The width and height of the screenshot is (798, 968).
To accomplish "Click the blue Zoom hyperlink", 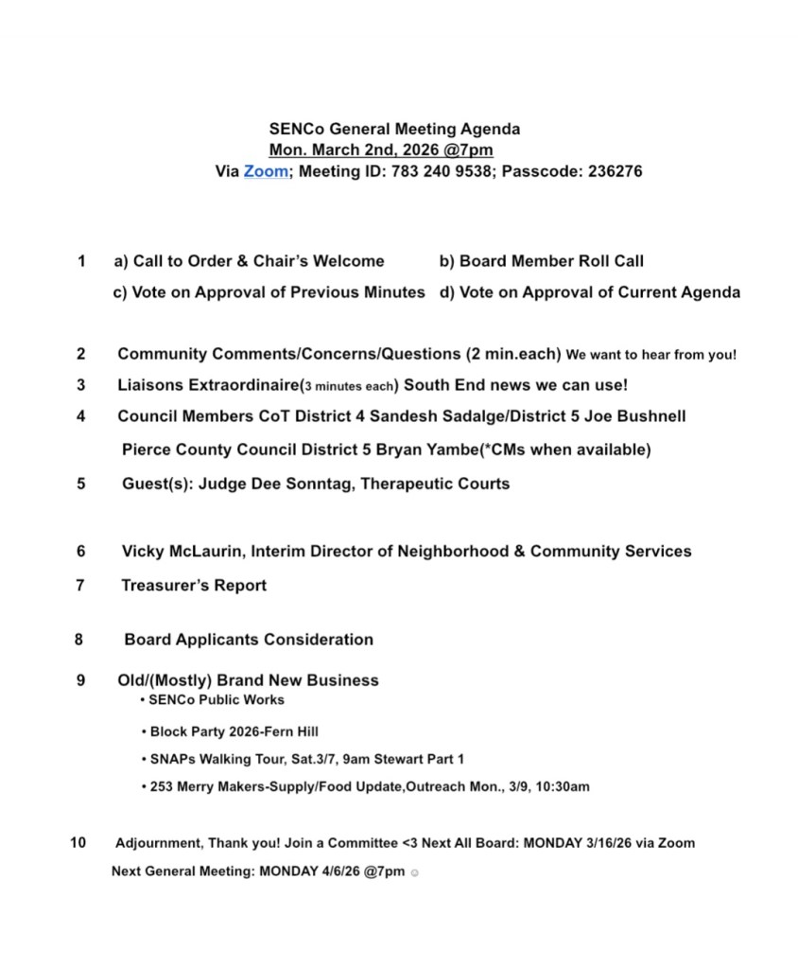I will [x=266, y=172].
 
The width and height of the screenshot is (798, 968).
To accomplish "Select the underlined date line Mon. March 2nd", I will [x=381, y=150].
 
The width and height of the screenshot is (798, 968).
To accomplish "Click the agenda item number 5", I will [x=81, y=484].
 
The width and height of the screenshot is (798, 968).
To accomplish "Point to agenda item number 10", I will [x=78, y=842].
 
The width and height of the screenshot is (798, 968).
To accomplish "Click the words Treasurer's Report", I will [x=194, y=586].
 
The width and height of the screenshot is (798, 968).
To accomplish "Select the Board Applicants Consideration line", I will [x=249, y=640].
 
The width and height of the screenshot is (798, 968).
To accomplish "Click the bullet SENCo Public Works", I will [x=216, y=700].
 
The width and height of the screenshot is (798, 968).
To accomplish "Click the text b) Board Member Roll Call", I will [x=542, y=261].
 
